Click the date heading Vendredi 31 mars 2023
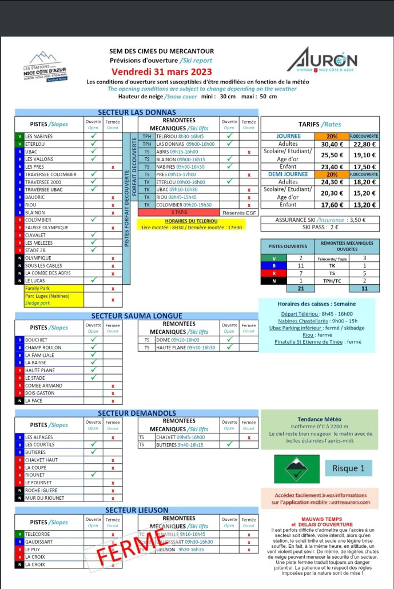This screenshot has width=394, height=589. point(161,72)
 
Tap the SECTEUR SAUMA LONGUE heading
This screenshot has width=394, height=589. point(137,316)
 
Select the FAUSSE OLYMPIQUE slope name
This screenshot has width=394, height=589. point(46,228)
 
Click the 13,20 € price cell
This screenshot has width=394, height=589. point(364,205)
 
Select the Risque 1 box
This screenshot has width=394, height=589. point(348,468)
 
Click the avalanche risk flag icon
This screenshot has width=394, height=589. point(297,469)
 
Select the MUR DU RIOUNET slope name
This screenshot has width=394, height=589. point(45,498)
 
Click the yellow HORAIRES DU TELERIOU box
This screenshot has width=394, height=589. point(192,224)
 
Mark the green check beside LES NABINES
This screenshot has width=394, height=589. point(93,136)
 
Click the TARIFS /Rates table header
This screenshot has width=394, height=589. point(320,124)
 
